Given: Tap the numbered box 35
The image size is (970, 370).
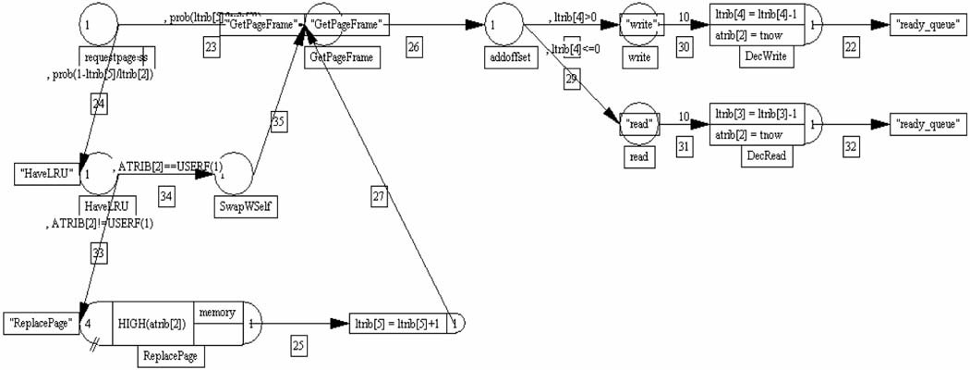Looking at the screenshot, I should click(279, 120).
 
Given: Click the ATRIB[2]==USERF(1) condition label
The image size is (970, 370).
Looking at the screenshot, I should click(170, 166).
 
